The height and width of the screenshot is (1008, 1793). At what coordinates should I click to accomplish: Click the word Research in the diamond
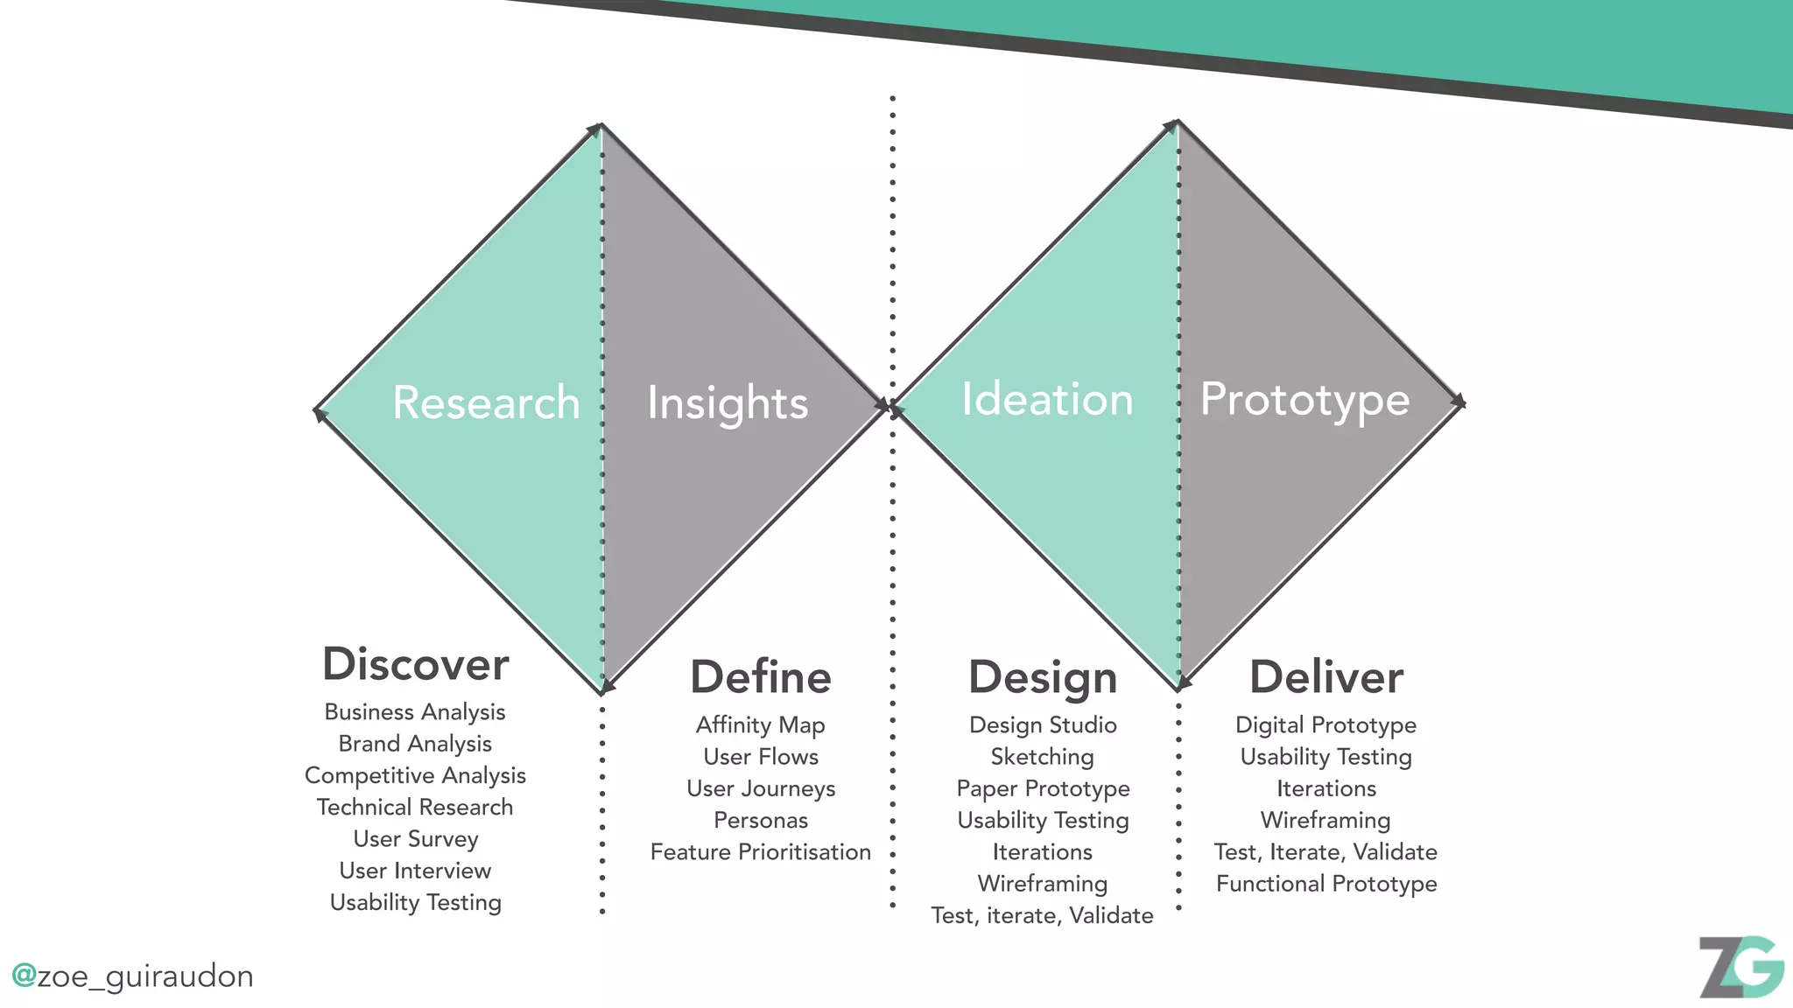(486, 402)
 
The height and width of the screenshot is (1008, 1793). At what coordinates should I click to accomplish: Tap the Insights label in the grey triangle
(728, 403)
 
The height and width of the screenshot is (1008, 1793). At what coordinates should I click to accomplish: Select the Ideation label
(1047, 399)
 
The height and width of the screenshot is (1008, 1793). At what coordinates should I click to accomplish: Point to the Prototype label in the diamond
(1304, 400)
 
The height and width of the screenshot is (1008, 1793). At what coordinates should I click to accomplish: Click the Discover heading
(416, 664)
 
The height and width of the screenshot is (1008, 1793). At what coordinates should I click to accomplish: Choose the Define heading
(761, 677)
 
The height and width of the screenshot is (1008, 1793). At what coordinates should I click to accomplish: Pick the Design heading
(1043, 677)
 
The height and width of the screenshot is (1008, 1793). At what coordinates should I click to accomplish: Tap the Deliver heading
(1326, 677)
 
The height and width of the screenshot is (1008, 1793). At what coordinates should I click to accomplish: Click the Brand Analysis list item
(415, 744)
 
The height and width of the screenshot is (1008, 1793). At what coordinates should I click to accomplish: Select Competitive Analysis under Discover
(415, 775)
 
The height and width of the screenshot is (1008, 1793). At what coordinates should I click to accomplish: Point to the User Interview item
(415, 871)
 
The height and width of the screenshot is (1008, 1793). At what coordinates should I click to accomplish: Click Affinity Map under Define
(761, 725)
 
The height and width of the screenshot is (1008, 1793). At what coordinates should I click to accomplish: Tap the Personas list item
(761, 821)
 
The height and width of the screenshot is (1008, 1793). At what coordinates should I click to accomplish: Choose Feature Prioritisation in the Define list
(761, 852)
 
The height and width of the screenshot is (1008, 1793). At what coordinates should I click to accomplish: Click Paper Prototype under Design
(1043, 789)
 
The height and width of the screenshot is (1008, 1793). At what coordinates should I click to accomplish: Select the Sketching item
(1043, 757)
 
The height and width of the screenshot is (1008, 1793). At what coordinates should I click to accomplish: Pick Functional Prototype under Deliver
(1326, 884)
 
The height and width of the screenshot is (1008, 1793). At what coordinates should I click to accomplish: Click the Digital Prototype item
(1326, 725)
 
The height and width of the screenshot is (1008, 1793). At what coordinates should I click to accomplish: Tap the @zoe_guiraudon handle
(132, 976)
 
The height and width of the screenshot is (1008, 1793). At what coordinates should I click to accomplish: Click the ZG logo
(1740, 966)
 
